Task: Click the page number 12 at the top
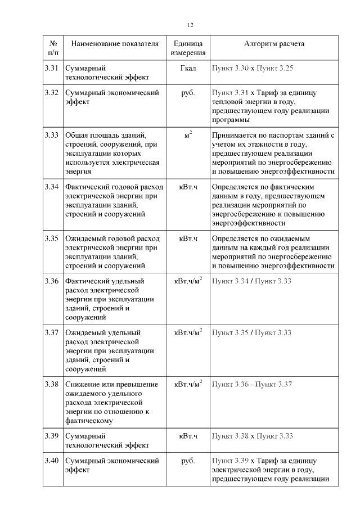point(190,25)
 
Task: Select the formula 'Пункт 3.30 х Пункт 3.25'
point(253,68)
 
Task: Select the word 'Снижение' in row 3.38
point(82,384)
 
